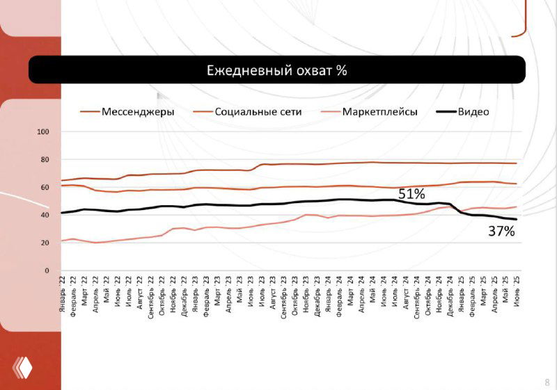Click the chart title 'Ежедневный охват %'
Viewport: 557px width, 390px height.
(x=276, y=71)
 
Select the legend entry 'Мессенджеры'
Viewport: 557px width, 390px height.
(x=138, y=111)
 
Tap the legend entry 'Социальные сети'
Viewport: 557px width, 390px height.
(x=258, y=111)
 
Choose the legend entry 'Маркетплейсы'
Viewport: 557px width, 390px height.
(x=379, y=111)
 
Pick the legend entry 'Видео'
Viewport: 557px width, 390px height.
(x=473, y=111)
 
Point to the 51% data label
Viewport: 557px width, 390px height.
(x=411, y=194)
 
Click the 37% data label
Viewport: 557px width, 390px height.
(x=501, y=231)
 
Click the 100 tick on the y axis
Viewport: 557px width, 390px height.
(x=44, y=132)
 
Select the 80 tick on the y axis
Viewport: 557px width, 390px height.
(x=46, y=160)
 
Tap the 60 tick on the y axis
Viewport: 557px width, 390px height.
(x=46, y=188)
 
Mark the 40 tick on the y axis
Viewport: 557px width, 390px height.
(x=46, y=216)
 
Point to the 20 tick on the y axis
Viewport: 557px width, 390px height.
(x=46, y=243)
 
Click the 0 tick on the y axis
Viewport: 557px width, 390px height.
(x=47, y=271)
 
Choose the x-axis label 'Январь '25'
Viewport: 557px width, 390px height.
(x=462, y=293)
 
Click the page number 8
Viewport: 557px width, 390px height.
(x=547, y=381)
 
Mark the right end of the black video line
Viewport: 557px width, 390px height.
(x=517, y=220)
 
